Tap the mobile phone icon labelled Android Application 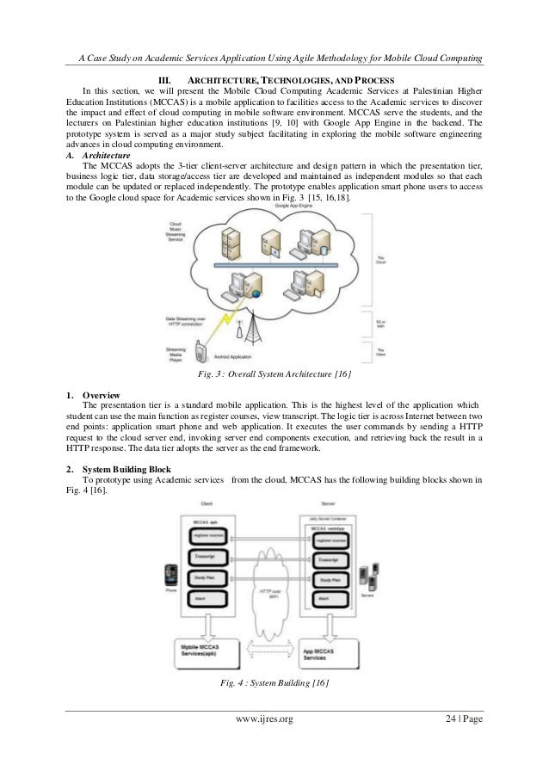click(200, 350)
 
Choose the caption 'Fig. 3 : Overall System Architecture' click(273, 376)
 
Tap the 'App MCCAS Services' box click(335, 652)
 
